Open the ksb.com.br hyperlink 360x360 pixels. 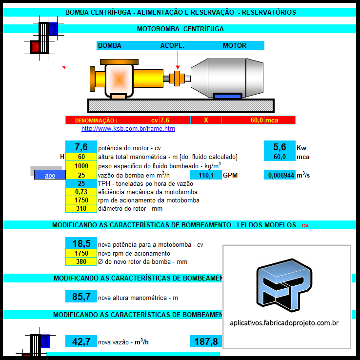click(x=128, y=129)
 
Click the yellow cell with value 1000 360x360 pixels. click(x=81, y=166)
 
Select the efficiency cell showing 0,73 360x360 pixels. click(x=81, y=192)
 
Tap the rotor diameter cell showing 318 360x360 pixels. click(x=81, y=208)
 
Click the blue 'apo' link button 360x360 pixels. click(x=50, y=175)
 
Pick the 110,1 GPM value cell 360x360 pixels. click(x=206, y=175)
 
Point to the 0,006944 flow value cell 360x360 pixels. click(x=280, y=175)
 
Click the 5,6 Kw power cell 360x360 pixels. click(x=280, y=147)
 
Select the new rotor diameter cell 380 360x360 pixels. click(x=81, y=261)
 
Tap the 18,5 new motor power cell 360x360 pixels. click(x=81, y=243)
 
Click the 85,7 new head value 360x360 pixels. click(x=81, y=297)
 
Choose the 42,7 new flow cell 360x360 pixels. click(x=81, y=341)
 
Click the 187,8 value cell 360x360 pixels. click(x=206, y=341)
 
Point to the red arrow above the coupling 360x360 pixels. click(x=178, y=60)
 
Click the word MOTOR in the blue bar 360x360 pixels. click(x=235, y=45)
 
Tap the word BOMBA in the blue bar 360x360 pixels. click(x=110, y=45)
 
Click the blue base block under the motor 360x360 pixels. click(x=227, y=96)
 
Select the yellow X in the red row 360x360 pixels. click(x=206, y=120)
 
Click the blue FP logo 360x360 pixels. click(x=284, y=285)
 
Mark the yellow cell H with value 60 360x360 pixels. click(x=81, y=157)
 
